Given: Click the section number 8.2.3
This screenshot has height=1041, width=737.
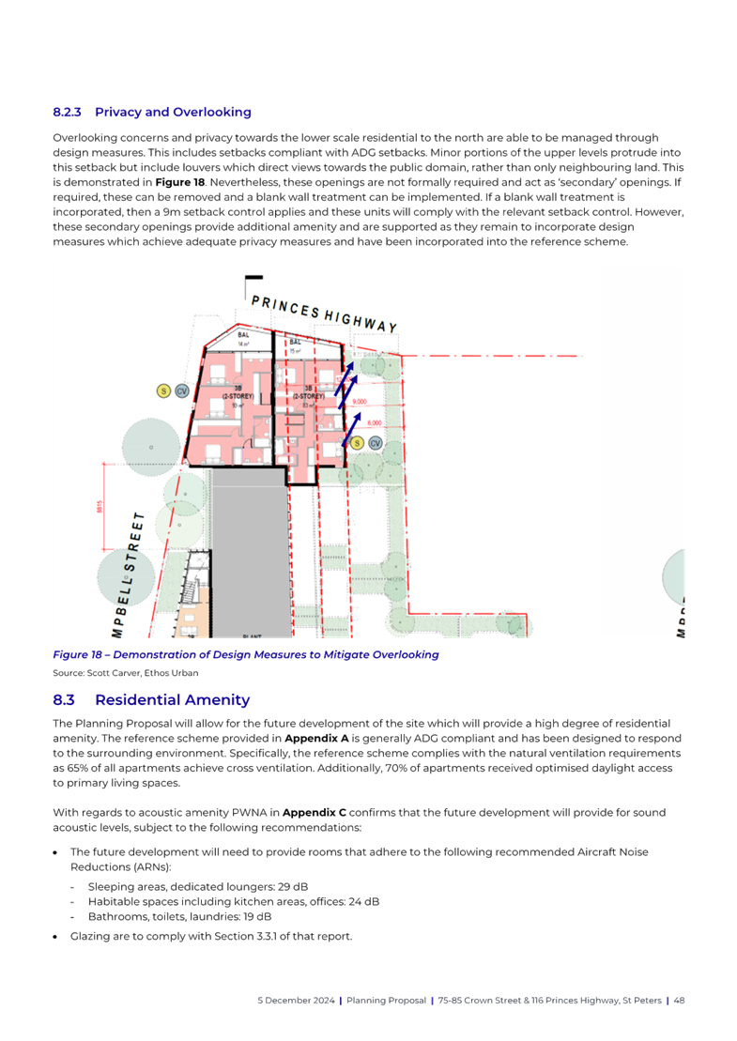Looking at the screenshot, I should [68, 112].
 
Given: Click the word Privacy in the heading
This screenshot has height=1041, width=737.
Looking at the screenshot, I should [120, 112].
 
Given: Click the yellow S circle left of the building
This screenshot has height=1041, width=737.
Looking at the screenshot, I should [163, 390].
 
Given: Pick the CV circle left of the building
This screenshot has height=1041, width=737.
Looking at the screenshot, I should [181, 390].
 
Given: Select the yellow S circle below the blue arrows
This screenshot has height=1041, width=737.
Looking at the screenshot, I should [359, 442].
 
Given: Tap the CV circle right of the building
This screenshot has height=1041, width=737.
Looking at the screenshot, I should [375, 442].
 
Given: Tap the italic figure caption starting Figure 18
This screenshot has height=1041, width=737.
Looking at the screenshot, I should [245, 654].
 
